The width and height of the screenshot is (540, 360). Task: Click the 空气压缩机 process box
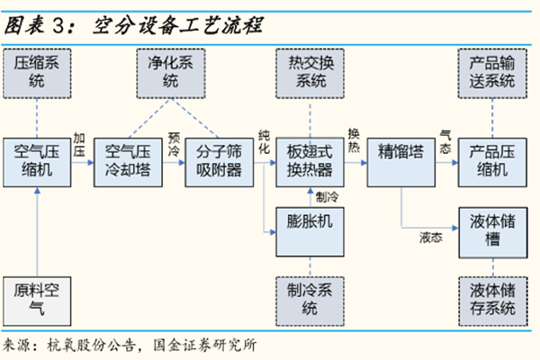(x=38, y=161)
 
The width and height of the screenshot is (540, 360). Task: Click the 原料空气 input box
(x=38, y=301)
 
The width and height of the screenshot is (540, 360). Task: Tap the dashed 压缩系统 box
(x=38, y=72)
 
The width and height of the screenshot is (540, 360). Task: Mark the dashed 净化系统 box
(x=171, y=72)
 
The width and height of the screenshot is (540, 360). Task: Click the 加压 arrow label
(x=80, y=146)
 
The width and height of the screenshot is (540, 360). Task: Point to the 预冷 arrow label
(x=173, y=146)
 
